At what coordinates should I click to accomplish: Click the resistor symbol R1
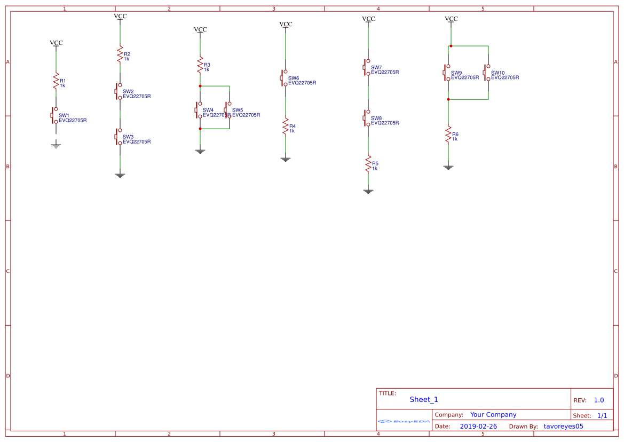point(56,82)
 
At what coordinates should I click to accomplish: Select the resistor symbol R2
point(120,55)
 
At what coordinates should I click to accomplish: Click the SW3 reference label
point(128,137)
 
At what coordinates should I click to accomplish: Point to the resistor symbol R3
point(200,66)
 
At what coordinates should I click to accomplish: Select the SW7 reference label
point(376,67)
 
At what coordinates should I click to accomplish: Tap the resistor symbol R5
point(368,164)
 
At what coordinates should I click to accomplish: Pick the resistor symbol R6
point(448,135)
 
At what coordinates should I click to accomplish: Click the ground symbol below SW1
point(56,145)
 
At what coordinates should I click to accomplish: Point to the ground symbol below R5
point(368,190)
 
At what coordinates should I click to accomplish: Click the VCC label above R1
point(56,43)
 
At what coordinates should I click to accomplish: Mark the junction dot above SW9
point(451,46)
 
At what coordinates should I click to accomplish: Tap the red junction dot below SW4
point(200,129)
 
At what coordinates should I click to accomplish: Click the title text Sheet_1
point(424,399)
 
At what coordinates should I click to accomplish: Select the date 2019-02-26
point(478,427)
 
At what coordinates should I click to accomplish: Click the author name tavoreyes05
point(563,427)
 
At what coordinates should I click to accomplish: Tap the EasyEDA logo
point(404,421)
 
